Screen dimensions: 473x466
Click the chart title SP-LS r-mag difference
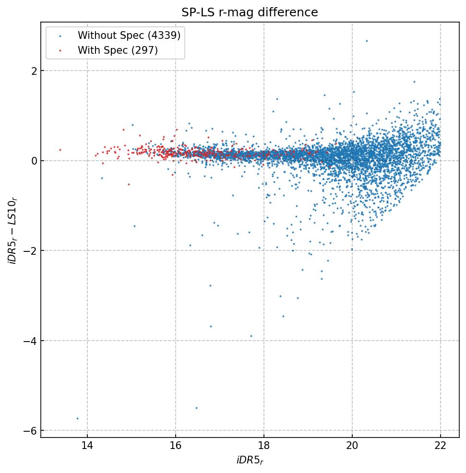click(x=250, y=12)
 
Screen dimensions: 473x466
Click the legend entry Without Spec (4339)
click(x=129, y=35)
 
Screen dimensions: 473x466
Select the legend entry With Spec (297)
click(x=118, y=50)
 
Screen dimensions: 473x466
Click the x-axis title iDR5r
click(x=250, y=461)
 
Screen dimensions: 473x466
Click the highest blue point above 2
click(x=367, y=41)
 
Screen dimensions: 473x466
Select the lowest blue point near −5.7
click(x=77, y=418)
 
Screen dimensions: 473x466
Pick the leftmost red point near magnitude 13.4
click(x=60, y=150)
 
